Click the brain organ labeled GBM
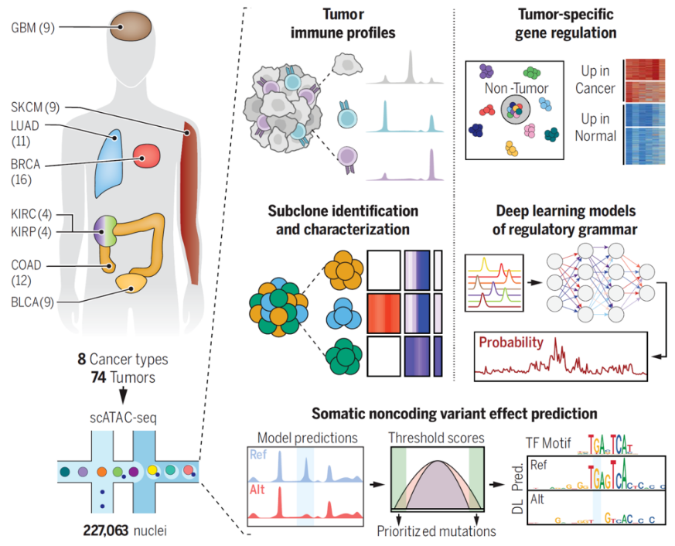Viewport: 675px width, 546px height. (130, 29)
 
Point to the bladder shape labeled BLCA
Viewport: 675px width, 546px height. (135, 286)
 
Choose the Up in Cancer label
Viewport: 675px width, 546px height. (596, 80)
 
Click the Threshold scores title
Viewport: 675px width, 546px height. (436, 438)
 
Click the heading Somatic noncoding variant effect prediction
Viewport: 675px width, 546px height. (454, 414)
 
